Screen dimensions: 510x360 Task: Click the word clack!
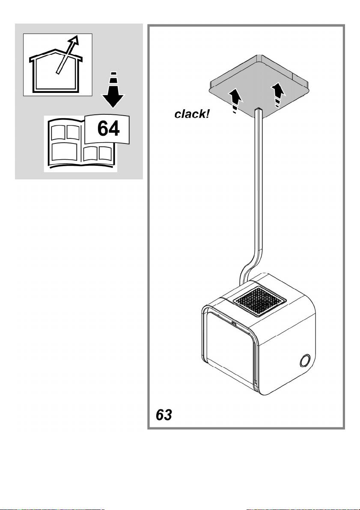click(x=191, y=115)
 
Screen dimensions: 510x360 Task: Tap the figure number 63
click(x=164, y=415)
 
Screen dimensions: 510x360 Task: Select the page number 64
click(x=108, y=129)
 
